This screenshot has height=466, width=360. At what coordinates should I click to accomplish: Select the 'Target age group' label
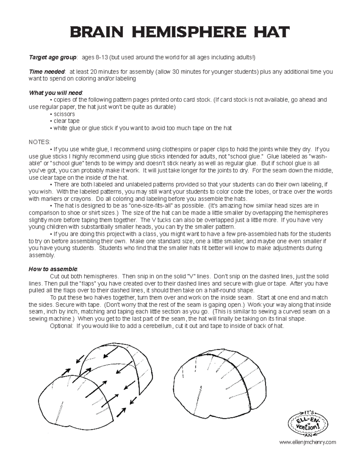click(x=53, y=58)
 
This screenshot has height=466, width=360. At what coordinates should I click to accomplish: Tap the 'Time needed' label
click(x=47, y=72)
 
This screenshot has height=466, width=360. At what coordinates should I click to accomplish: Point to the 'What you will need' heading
click(x=55, y=93)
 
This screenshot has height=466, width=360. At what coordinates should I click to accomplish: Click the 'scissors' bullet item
click(x=64, y=114)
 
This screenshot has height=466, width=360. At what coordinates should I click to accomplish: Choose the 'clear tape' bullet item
click(x=66, y=121)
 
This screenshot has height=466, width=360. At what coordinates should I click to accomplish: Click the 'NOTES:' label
click(x=39, y=142)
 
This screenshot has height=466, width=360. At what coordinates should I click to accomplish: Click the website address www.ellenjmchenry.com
click(x=307, y=442)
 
